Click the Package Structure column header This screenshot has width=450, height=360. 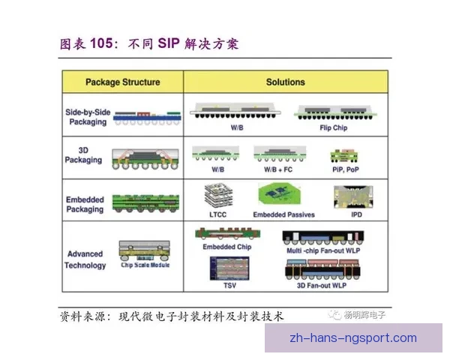(x=122, y=82)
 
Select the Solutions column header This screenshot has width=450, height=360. (x=285, y=82)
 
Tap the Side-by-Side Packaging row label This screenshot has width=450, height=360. (x=88, y=117)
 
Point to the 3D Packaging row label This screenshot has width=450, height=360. (x=84, y=155)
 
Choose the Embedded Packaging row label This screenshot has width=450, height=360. (x=85, y=205)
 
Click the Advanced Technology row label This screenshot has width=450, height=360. (x=85, y=259)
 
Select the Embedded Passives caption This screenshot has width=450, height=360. (x=283, y=214)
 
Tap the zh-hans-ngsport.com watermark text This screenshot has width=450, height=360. (x=352, y=337)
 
